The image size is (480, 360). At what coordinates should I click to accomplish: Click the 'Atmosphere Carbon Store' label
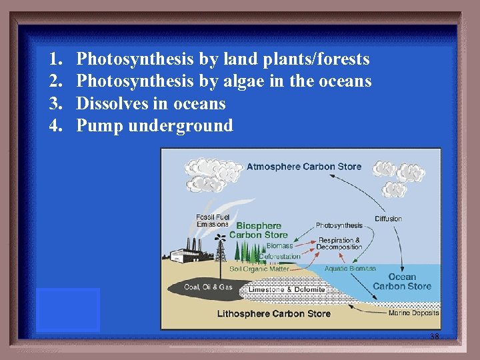click(304, 167)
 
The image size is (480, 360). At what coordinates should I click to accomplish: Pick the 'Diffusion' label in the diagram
click(388, 219)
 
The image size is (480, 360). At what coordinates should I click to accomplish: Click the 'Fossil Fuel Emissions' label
click(212, 220)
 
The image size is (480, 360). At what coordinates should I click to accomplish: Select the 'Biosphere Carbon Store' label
click(258, 230)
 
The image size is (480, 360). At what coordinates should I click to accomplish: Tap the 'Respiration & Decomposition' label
click(339, 243)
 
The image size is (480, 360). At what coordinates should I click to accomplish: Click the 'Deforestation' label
click(279, 256)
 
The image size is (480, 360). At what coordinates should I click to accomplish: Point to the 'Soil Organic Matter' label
click(259, 269)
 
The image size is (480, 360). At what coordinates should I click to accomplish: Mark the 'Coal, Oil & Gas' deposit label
click(208, 287)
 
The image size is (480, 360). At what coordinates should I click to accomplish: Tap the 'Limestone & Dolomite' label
click(286, 289)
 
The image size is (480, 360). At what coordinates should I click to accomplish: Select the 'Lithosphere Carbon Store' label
click(273, 313)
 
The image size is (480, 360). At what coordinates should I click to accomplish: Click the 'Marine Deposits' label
click(413, 313)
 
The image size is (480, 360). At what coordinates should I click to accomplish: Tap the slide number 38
click(435, 337)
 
